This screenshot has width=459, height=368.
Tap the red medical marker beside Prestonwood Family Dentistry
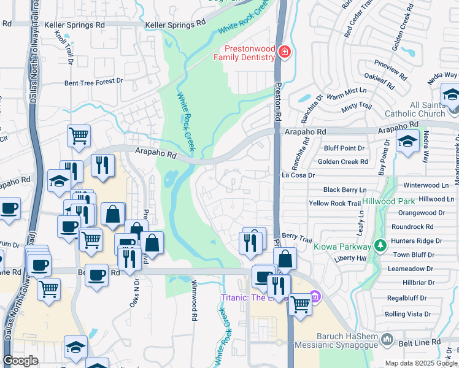tap(284, 52)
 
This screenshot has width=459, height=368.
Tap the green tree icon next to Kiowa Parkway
tap(380, 246)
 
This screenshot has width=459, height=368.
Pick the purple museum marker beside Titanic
tap(315, 297)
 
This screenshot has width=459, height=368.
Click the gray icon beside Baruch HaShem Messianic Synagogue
tap(387, 339)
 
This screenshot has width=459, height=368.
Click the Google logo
tap(21, 361)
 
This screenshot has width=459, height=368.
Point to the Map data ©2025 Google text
tap(421, 363)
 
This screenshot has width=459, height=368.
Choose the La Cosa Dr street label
tap(298, 175)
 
